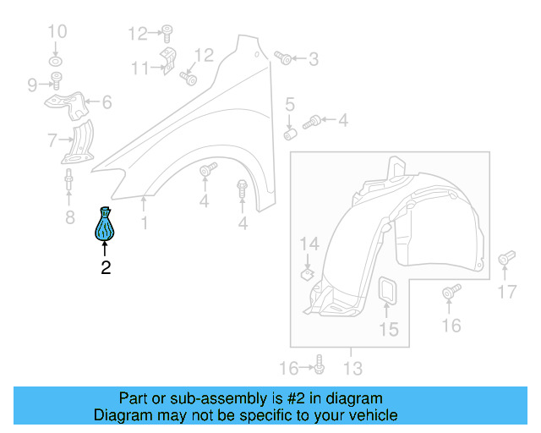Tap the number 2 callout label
[x=106, y=269]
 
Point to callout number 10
[x=57, y=33]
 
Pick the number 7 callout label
[x=52, y=140]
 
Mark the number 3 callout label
[x=313, y=59]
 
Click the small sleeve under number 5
[x=289, y=133]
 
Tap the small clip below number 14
[x=308, y=273]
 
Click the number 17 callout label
[x=505, y=293]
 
